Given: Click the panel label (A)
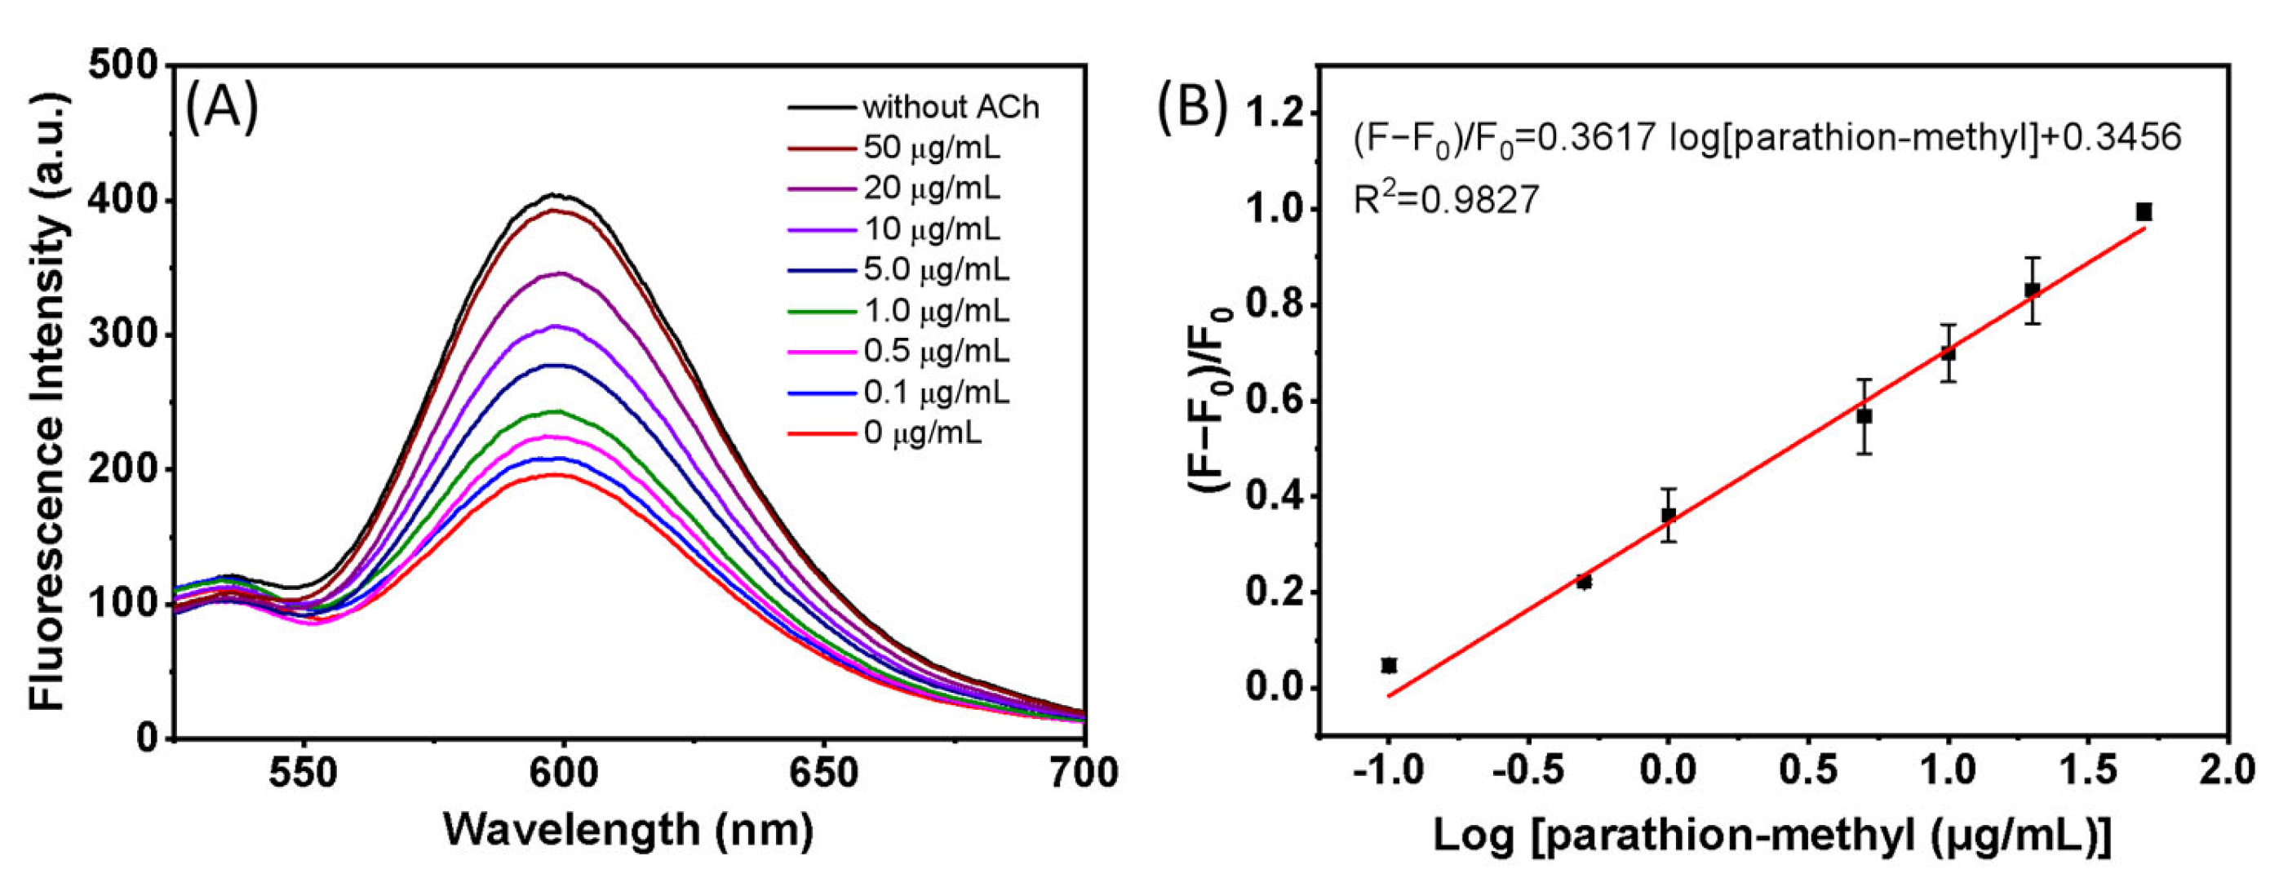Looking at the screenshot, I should (222, 108).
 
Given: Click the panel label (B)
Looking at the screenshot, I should (1192, 108).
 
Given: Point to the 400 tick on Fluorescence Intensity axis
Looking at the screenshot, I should (122, 201).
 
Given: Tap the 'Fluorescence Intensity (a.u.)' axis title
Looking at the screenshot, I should (48, 401).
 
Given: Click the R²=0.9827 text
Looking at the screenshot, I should (1446, 198).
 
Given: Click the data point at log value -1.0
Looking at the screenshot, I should (1389, 665).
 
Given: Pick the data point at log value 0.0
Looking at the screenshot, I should (1668, 514).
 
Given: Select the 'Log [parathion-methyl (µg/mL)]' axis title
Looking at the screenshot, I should (1771, 835).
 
